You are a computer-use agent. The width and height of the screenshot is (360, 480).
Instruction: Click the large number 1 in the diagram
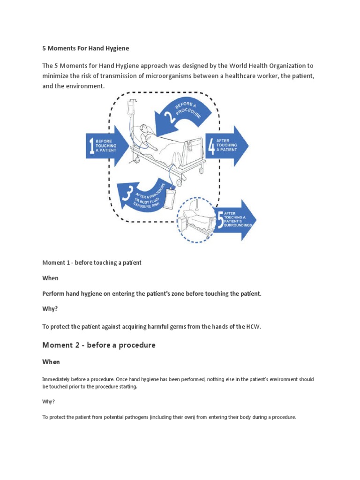pyautogui.click(x=90, y=146)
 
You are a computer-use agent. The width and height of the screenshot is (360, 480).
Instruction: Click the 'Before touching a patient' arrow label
pyautogui.click(x=105, y=146)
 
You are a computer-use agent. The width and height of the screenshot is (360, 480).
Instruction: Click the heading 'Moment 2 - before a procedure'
pyautogui.click(x=98, y=345)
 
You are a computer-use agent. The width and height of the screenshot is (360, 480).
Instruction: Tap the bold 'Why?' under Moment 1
pyautogui.click(x=50, y=309)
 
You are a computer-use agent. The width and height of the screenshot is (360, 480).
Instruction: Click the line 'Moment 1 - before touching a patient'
pyautogui.click(x=92, y=262)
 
